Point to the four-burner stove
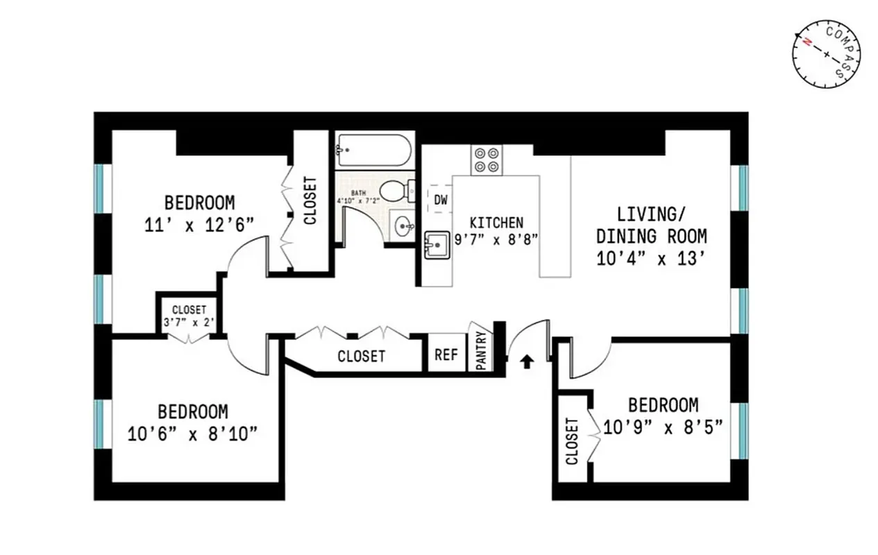(x=487, y=160)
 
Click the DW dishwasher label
(x=440, y=200)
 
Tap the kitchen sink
(x=437, y=244)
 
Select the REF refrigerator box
(x=446, y=355)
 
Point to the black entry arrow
(x=527, y=360)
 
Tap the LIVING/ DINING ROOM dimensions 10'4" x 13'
(x=651, y=259)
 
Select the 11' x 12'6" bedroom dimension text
(x=200, y=225)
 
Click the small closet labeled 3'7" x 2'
(x=189, y=316)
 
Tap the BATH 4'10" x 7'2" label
(x=358, y=197)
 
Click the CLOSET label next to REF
(x=361, y=357)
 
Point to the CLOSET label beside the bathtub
(x=310, y=200)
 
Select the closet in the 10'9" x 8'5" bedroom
(x=573, y=440)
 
